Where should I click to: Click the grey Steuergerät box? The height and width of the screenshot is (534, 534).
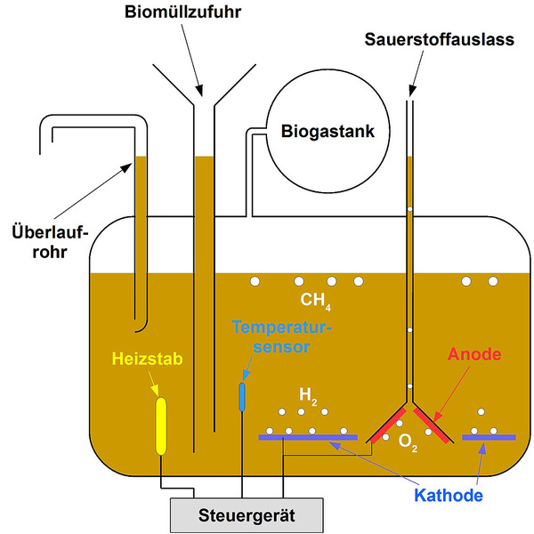click(x=246, y=514)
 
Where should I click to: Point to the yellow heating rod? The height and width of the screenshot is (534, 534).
click(x=161, y=425)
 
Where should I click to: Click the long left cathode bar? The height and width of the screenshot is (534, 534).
click(x=307, y=437)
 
